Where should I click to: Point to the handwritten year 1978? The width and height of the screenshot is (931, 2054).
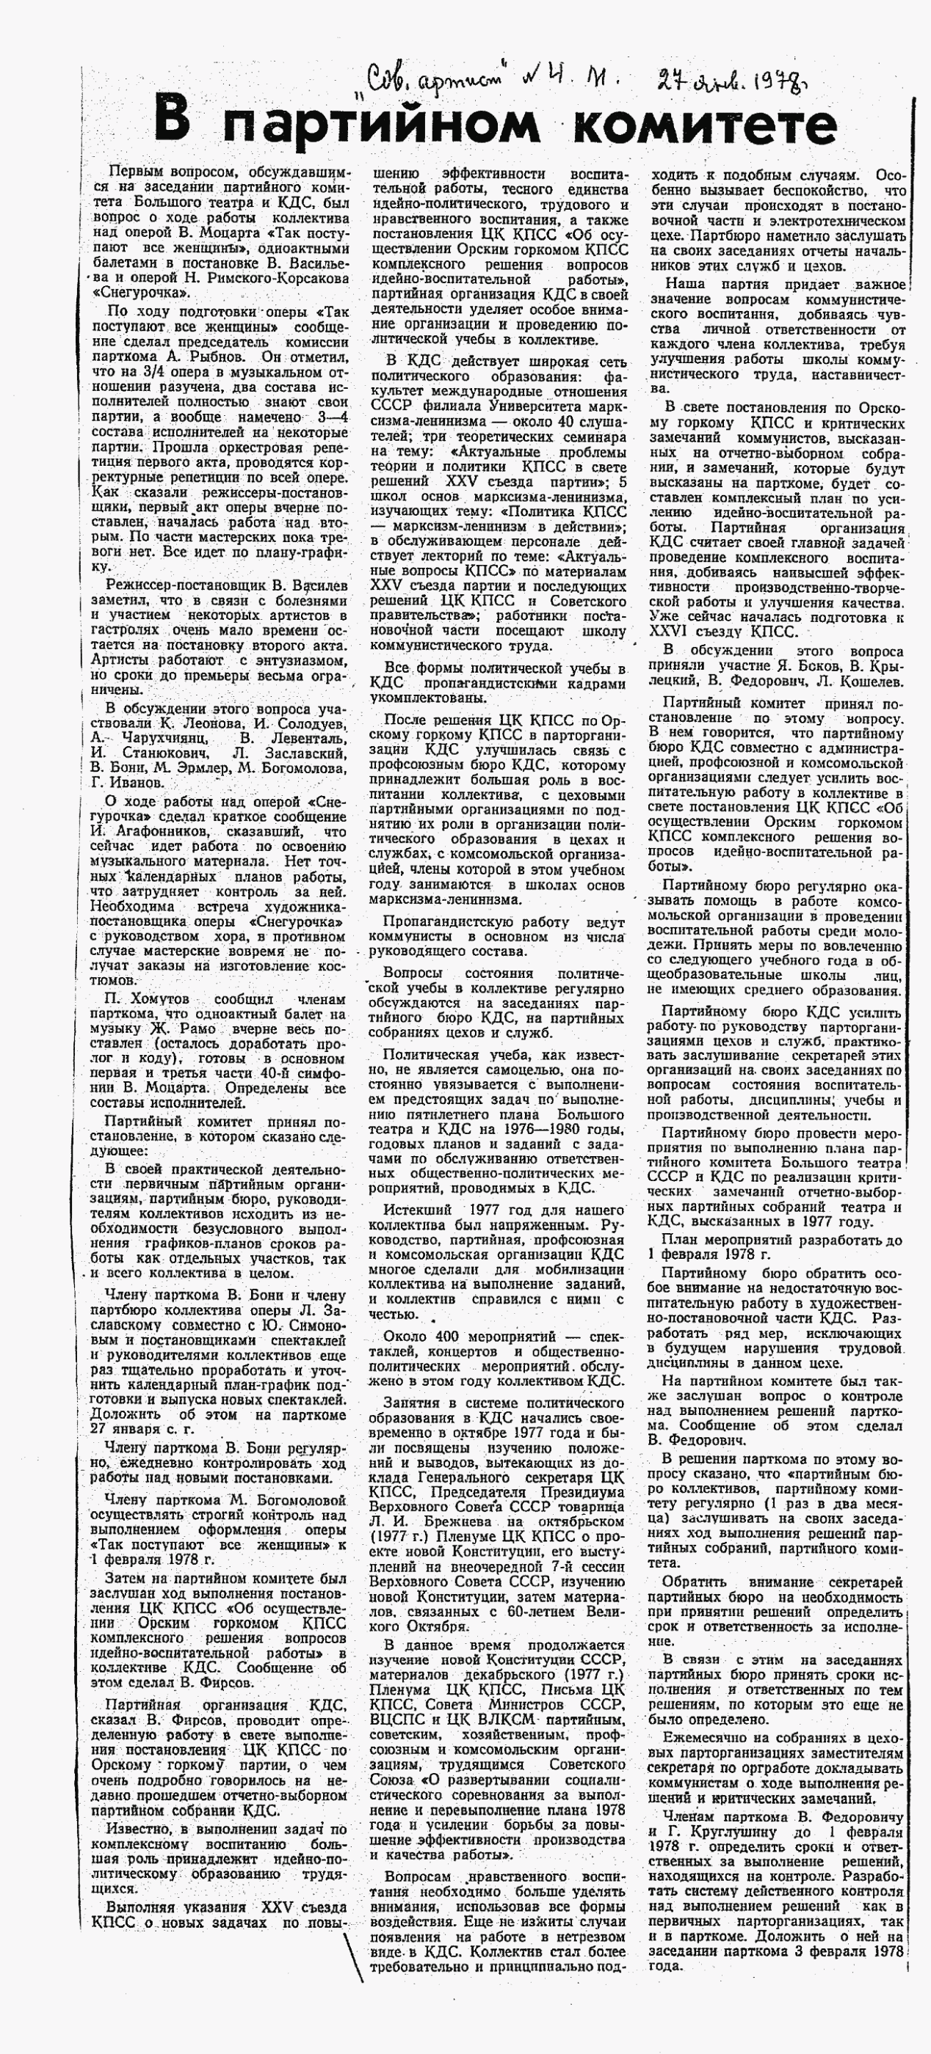point(766,81)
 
